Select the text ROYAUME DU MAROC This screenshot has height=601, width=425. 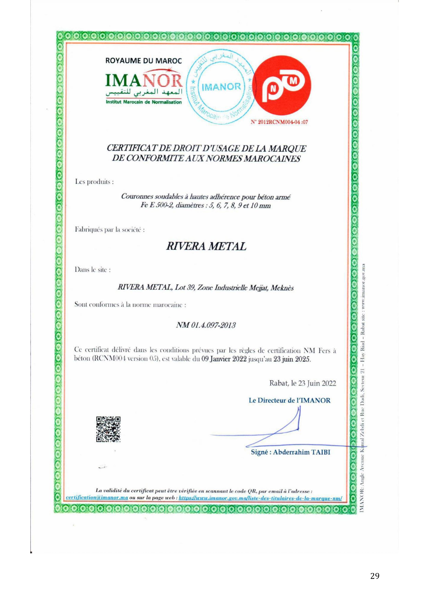pyautogui.click(x=143, y=61)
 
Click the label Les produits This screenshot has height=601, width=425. pyautogui.click(x=94, y=182)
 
